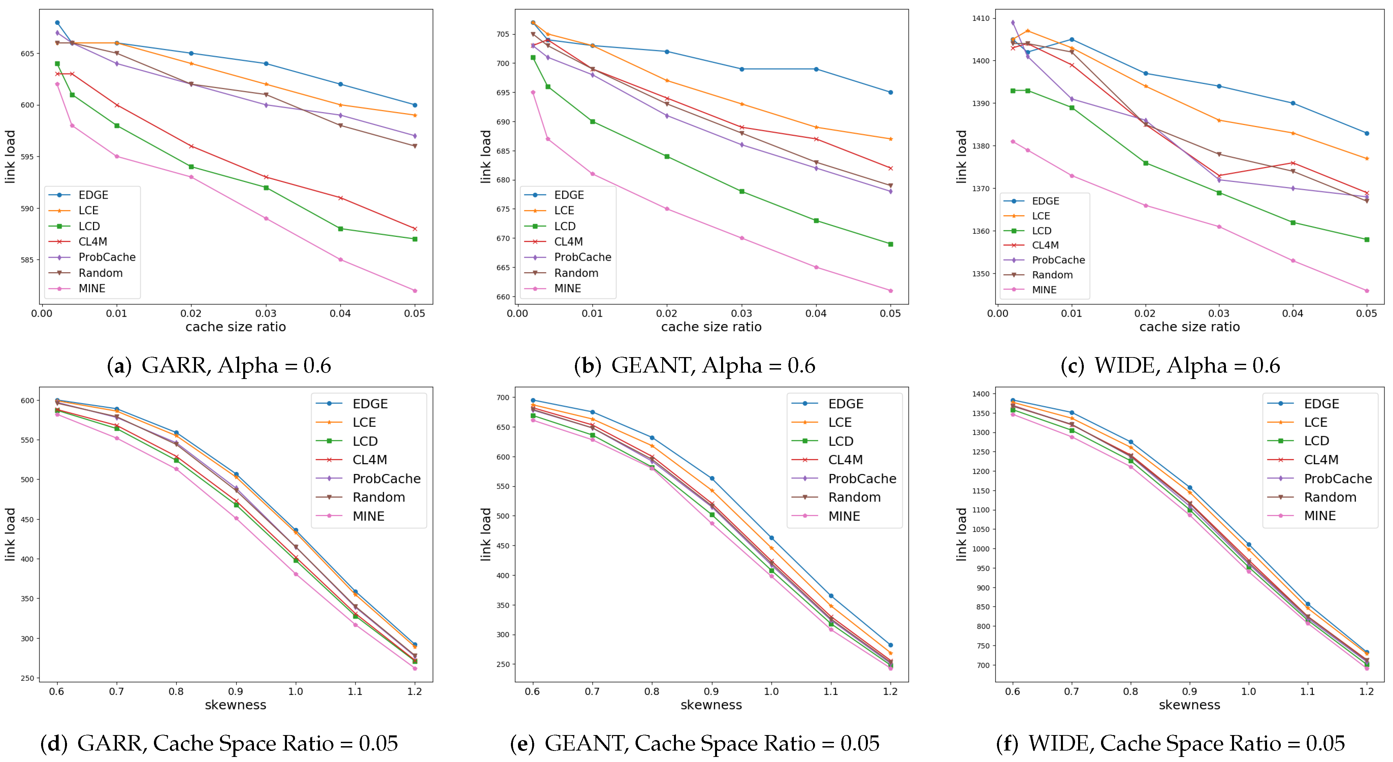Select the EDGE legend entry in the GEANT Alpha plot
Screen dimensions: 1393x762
pyautogui.click(x=554, y=195)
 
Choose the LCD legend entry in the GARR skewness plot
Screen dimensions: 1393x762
pyautogui.click(x=347, y=441)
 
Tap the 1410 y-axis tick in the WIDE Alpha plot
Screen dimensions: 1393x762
pyautogui.click(x=980, y=19)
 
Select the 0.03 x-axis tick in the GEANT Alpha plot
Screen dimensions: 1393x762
pyautogui.click(x=741, y=313)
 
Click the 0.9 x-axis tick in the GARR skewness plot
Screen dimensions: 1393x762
pyautogui.click(x=236, y=691)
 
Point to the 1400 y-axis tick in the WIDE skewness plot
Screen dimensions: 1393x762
pyautogui.click(x=980, y=394)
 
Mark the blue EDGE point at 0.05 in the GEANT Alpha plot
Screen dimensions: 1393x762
pyautogui.click(x=890, y=93)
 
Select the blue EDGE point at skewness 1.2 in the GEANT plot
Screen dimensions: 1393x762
pyautogui.click(x=890, y=645)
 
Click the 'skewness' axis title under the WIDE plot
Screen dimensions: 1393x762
pyautogui.click(x=1190, y=705)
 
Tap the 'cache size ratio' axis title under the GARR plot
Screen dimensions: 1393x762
pyautogui.click(x=236, y=327)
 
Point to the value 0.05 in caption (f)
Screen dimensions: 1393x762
pyautogui.click(x=1325, y=743)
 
